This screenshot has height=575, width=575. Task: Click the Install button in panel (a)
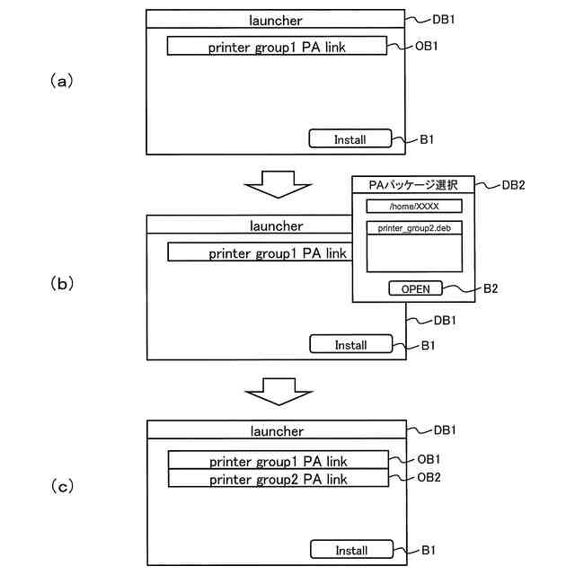pos(350,138)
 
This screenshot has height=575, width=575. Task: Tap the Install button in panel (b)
pos(351,344)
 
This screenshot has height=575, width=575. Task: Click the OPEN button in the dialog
pos(415,288)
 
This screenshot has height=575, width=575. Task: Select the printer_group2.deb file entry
pos(414,228)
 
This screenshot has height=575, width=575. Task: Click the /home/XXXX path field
pos(414,206)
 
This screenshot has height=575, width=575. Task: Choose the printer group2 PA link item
pos(279,478)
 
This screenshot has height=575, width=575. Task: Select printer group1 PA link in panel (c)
pos(279,460)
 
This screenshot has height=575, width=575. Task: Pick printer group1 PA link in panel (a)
pos(277,46)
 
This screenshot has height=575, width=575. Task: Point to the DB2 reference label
pos(513,185)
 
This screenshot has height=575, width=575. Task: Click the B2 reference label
pos(491,288)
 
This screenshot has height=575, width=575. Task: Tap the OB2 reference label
pos(429,477)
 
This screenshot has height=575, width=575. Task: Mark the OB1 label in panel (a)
pos(427,46)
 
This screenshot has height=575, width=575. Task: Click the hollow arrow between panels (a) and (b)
pos(278,184)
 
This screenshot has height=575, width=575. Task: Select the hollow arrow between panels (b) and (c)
pos(279,392)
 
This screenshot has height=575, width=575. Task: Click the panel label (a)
pos(62,81)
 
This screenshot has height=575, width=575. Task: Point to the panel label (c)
pos(62,487)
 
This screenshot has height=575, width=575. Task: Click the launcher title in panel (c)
pos(278,431)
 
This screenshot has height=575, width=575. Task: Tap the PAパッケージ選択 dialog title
pos(413,185)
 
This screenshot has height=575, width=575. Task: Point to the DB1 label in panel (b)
pos(445,320)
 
